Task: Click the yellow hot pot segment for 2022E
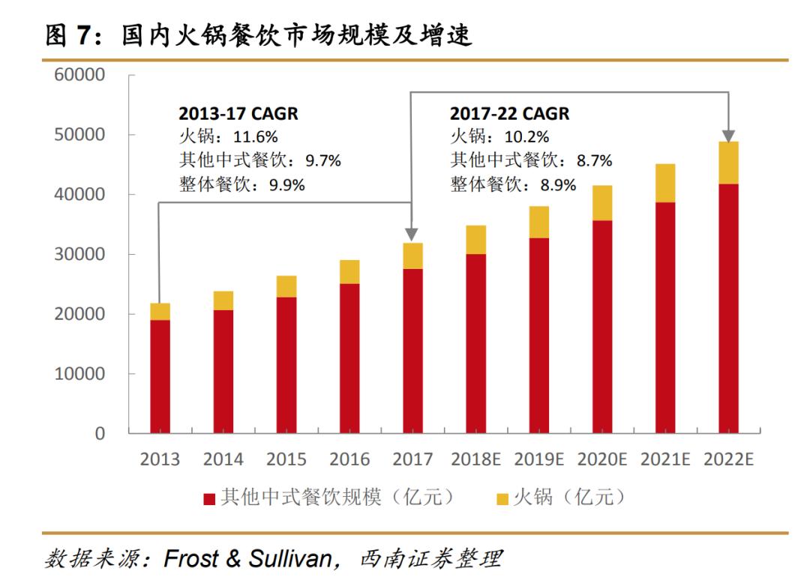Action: (728, 163)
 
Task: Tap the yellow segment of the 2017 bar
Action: (412, 256)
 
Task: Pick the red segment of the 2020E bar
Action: (601, 326)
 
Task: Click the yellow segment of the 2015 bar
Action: (286, 286)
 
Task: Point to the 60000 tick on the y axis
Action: (79, 75)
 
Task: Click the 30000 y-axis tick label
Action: (79, 254)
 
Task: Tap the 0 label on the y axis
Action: (100, 433)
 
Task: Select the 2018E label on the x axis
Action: (475, 459)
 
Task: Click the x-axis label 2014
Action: (223, 459)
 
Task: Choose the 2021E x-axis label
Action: (664, 459)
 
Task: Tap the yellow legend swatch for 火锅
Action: (502, 498)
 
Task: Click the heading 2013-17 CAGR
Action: (238, 114)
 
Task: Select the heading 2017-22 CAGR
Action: (509, 114)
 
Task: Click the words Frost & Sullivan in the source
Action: (247, 558)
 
